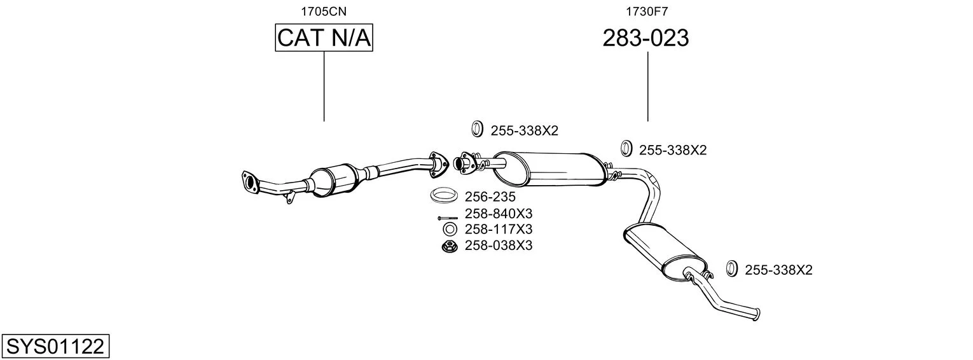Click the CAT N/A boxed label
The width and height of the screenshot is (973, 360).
point(324,38)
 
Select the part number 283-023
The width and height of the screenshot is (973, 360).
point(645,38)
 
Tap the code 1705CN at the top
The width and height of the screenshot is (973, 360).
point(324,11)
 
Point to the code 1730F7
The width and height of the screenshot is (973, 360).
point(647,11)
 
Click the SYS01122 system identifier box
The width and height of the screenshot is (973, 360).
point(55,346)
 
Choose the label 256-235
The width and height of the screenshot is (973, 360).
point(490,197)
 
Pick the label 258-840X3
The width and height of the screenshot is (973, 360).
point(498,214)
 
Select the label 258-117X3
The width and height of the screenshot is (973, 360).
point(498,229)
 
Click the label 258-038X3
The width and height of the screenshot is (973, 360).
point(498,246)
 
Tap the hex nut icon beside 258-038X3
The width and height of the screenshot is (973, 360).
point(450,246)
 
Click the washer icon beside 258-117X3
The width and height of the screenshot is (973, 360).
point(450,229)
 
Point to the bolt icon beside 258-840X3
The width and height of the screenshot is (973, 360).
point(448,218)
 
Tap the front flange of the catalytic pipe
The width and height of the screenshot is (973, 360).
point(249,181)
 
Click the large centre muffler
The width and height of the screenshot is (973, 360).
point(549,169)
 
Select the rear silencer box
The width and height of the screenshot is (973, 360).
point(665,251)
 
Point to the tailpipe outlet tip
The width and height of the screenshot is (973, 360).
point(757,314)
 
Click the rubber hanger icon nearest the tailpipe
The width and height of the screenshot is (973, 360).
point(731,269)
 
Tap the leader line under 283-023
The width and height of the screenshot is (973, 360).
point(647,87)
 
